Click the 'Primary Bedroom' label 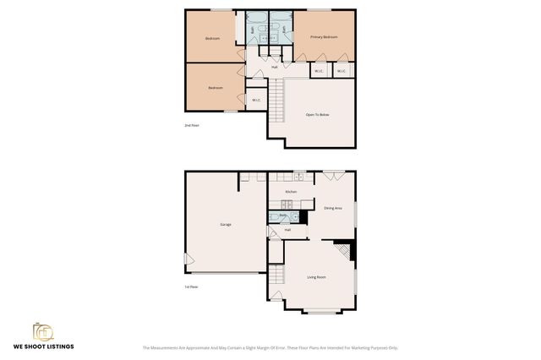324,37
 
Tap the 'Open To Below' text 318,114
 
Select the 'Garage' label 226,224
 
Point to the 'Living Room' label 317,277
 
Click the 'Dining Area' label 332,208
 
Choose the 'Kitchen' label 291,192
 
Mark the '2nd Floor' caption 192,125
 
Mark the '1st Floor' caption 192,286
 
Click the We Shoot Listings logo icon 42,331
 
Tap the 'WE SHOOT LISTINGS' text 42,346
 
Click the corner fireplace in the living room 345,250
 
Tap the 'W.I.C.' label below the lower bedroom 256,101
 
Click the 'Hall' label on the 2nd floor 275,67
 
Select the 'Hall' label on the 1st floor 287,230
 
